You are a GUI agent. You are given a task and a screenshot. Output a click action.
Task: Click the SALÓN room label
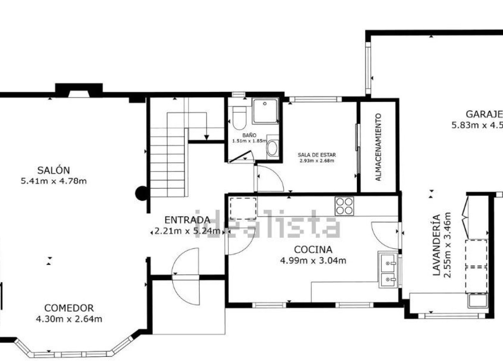[53, 170]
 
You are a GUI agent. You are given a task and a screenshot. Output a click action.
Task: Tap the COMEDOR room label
[69, 308]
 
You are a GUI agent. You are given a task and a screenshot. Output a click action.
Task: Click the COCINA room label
[313, 249]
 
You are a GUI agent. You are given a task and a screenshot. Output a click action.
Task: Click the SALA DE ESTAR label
[317, 155]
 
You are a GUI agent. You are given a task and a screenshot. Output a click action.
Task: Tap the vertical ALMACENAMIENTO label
[379, 147]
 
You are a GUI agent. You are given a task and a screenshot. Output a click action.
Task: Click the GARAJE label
[484, 114]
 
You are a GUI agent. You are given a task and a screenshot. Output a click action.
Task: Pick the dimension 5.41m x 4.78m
[53, 180]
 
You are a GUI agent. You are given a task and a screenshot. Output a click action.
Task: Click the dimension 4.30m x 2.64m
[69, 319]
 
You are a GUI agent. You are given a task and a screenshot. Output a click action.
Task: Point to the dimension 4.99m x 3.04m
[313, 260]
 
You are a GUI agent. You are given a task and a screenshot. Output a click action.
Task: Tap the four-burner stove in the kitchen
[344, 206]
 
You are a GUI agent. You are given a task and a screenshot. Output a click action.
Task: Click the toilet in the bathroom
[239, 117]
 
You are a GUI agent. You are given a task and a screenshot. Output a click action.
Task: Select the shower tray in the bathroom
[265, 110]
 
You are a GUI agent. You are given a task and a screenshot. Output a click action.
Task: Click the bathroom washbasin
[272, 148]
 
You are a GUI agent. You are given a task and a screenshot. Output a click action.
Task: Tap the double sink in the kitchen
[388, 269]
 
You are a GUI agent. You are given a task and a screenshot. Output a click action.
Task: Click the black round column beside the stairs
[142, 193]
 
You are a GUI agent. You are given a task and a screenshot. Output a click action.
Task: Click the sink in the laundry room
[478, 302]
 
